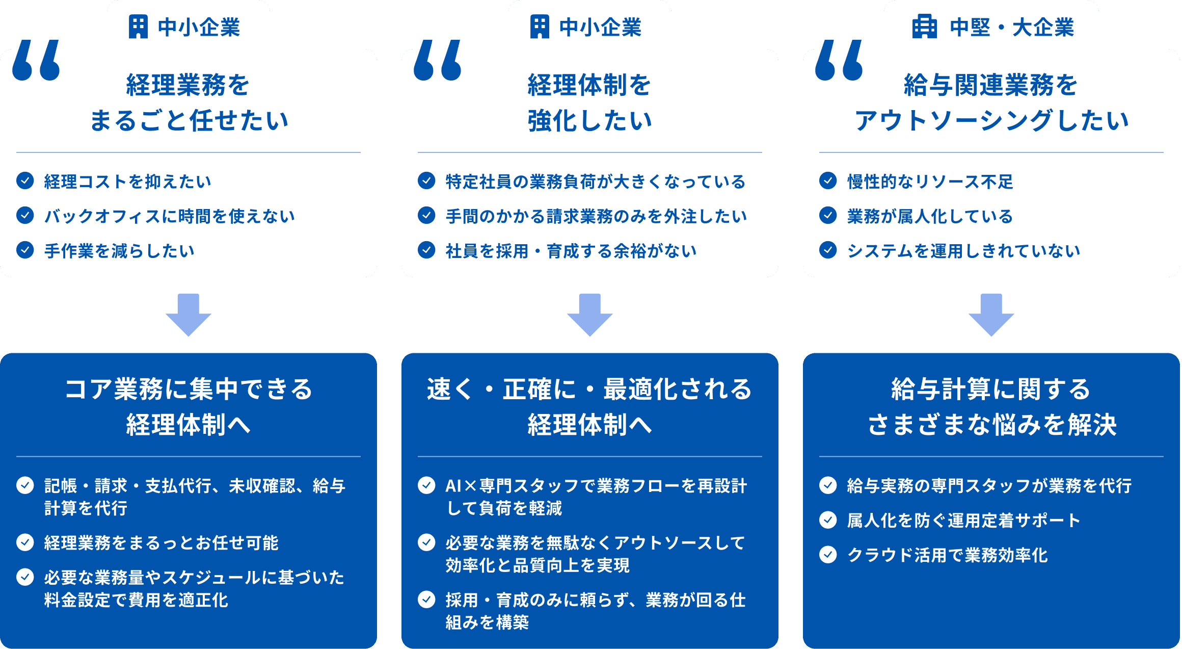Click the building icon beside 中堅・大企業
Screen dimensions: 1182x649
coord(924,27)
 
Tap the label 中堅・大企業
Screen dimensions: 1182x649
coord(1012,28)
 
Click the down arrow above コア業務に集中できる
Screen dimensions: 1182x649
coord(189,315)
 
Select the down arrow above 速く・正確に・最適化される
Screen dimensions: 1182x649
coord(590,315)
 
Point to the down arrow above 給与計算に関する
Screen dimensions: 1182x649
coord(991,315)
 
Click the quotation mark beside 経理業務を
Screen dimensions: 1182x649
coord(36,60)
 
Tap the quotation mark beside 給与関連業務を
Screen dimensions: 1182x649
coord(839,60)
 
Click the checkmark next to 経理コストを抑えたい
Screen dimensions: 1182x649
coord(25,180)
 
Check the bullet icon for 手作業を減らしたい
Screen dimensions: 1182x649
coord(25,250)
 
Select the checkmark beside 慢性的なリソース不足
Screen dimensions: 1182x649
coord(828,180)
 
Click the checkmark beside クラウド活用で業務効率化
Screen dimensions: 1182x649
coord(828,554)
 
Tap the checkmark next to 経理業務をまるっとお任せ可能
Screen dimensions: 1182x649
coord(25,542)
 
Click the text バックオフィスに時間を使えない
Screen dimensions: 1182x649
coord(170,216)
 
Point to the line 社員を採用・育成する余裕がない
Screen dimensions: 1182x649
coord(571,251)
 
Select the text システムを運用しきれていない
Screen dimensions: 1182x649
coord(963,251)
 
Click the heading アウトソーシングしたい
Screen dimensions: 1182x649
coord(991,121)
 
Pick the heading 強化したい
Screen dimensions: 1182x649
coord(590,121)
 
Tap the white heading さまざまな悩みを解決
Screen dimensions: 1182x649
coord(992,425)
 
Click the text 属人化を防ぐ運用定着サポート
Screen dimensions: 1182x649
coord(963,520)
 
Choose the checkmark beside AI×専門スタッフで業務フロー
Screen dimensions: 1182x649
coord(426,485)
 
